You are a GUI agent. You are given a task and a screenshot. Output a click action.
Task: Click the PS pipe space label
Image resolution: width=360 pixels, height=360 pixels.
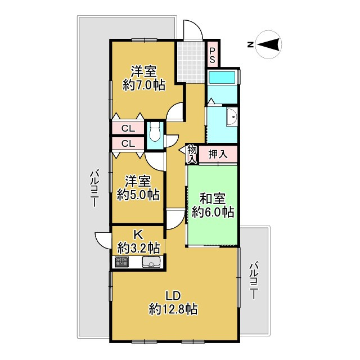coord(213,55)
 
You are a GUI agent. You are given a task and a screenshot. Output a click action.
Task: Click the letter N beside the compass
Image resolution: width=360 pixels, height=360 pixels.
coord(250,44)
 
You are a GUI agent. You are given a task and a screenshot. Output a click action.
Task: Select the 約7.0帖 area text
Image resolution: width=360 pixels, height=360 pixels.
coord(143,86)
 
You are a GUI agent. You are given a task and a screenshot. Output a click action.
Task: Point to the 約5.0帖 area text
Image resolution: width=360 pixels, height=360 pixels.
coord(138,195)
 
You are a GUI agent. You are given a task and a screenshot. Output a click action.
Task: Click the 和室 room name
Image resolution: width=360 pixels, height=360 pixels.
coord(213,198)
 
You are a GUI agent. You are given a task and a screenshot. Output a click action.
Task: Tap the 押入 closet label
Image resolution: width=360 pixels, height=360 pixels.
coord(217,154)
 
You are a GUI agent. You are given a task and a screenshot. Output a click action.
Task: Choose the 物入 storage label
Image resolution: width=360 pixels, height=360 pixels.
coord(192,154)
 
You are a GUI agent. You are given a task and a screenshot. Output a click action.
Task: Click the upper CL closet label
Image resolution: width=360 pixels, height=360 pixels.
coord(128,128)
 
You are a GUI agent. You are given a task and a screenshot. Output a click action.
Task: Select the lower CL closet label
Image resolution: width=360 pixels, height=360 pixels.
coord(128,143)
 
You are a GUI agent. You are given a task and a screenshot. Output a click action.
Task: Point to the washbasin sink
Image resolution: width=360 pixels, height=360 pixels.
coord(231,118)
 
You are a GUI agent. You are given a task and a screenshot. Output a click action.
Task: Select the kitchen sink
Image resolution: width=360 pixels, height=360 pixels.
coord(152,263)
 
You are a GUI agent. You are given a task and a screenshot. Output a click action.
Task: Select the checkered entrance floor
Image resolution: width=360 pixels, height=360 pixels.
coord(190,60)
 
